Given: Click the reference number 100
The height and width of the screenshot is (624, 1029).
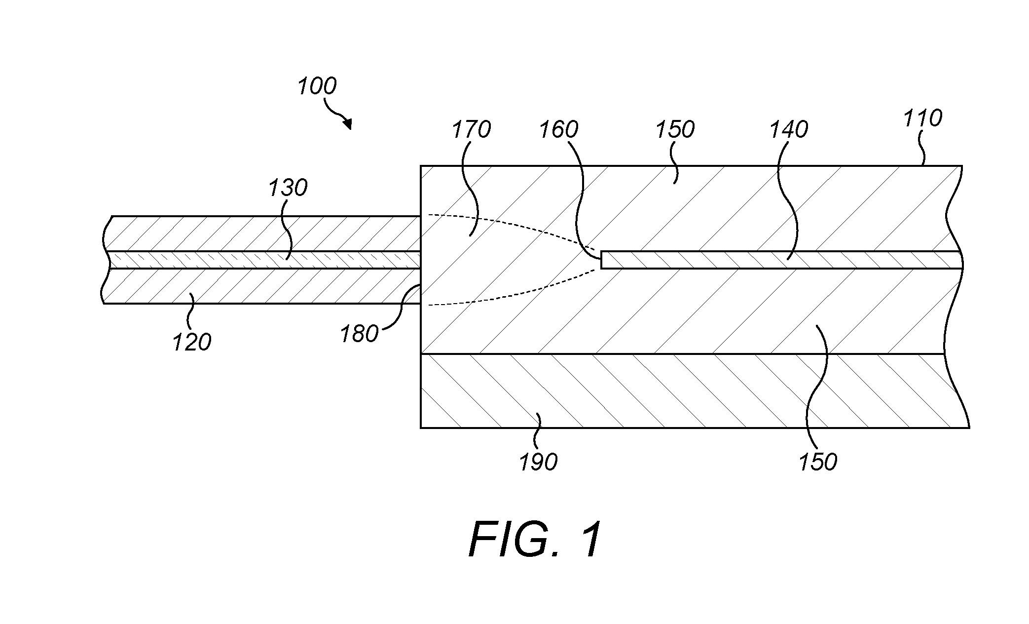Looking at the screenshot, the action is pyautogui.click(x=317, y=86).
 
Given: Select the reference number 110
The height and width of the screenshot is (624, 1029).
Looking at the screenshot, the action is pyautogui.click(x=922, y=118).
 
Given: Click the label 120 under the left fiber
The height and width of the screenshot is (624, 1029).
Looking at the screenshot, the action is pyautogui.click(x=191, y=342).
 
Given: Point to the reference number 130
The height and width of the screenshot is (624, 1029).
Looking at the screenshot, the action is pyautogui.click(x=288, y=188).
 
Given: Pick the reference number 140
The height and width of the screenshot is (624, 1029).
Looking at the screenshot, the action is pyautogui.click(x=788, y=130).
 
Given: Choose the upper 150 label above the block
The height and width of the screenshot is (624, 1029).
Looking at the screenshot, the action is pyautogui.click(x=675, y=130).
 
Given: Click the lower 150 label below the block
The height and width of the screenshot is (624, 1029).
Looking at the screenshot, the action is pyautogui.click(x=818, y=462).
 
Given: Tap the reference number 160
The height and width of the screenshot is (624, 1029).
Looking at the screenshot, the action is pyautogui.click(x=558, y=130).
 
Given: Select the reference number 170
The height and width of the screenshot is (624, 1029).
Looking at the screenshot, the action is pyautogui.click(x=471, y=130).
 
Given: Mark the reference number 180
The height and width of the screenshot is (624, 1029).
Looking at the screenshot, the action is pyautogui.click(x=359, y=334).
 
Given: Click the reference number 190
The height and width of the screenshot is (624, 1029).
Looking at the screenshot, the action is pyautogui.click(x=538, y=462).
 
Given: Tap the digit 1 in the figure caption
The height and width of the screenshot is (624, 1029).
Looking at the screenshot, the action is pyautogui.click(x=590, y=540).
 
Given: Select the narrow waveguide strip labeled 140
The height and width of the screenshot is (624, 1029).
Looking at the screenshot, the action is pyautogui.click(x=782, y=260).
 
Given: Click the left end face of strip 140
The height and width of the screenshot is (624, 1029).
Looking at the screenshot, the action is pyautogui.click(x=601, y=260).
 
